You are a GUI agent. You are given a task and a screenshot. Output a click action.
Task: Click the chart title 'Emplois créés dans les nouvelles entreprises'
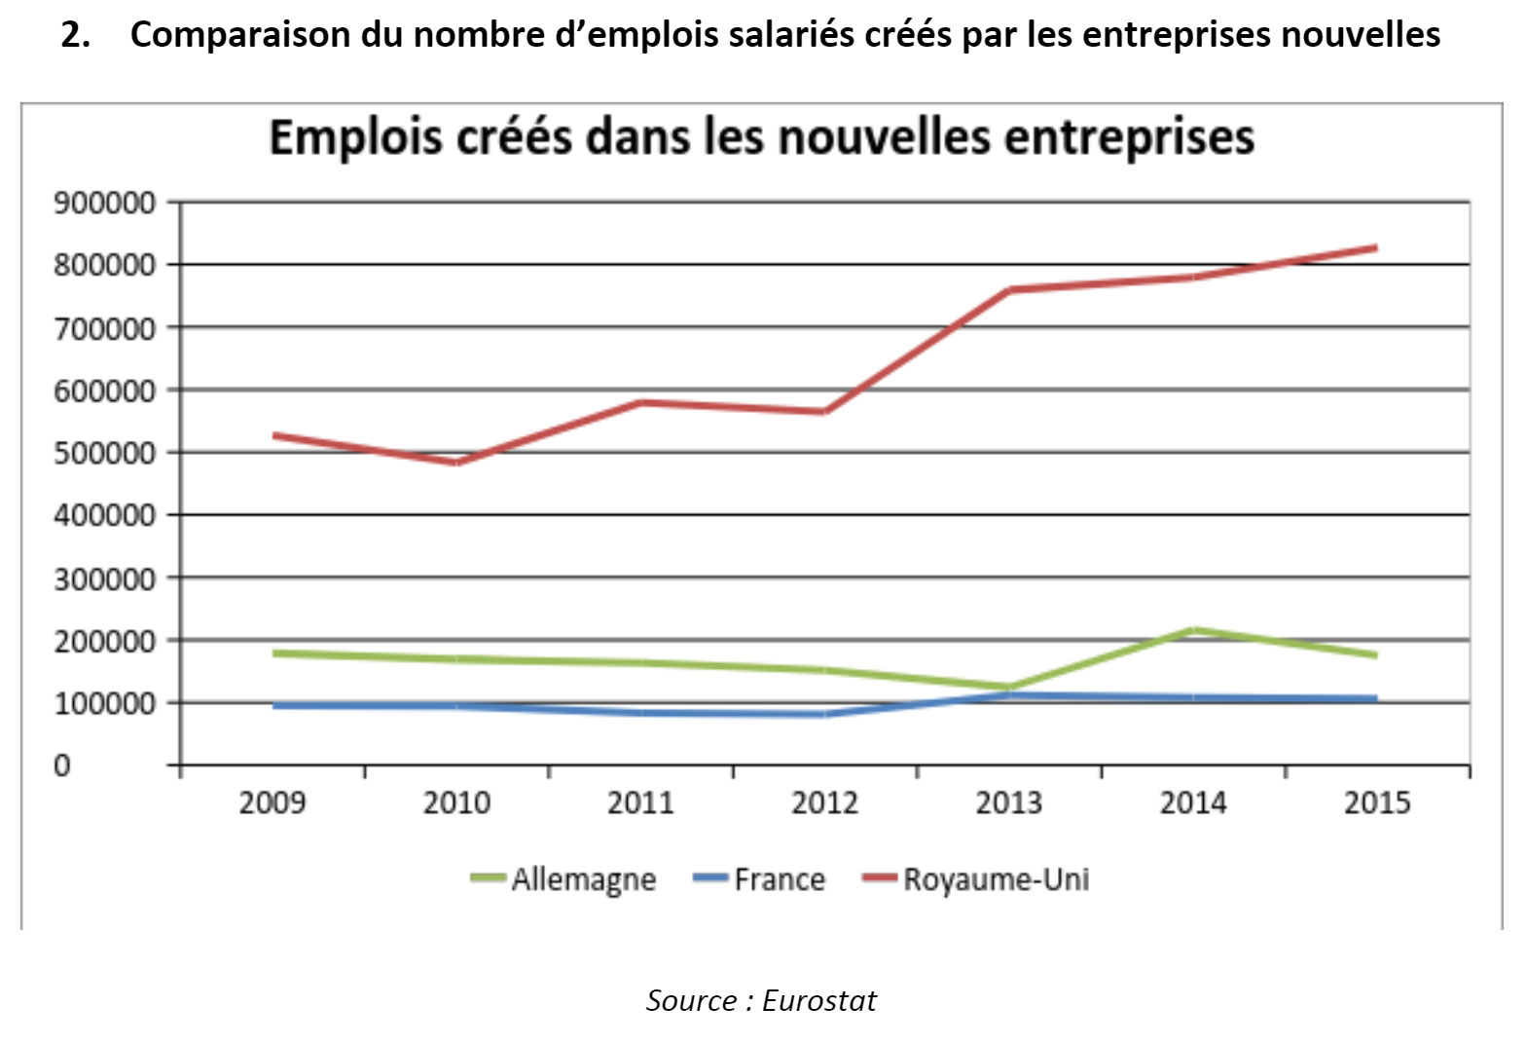tap(761, 137)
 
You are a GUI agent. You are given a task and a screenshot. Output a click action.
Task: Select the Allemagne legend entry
tap(583, 879)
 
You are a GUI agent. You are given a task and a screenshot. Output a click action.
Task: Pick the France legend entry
tap(779, 879)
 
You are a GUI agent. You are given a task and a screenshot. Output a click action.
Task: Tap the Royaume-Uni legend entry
tap(996, 879)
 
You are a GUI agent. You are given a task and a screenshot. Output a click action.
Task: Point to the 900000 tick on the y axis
tap(104, 204)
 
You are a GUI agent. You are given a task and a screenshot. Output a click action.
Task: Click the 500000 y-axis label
tap(104, 453)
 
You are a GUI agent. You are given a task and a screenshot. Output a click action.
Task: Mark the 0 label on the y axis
tap(62, 765)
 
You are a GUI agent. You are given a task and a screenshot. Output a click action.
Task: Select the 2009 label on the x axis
tap(272, 803)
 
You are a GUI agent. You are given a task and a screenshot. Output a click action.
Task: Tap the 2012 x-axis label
tap(824, 803)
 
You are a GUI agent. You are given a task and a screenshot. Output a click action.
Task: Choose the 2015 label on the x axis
tap(1376, 803)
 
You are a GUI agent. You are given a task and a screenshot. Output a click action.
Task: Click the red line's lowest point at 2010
tap(456, 463)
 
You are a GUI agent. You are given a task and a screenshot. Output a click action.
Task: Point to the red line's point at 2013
tap(1009, 290)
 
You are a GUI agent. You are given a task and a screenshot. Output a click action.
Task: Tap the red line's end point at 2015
tap(1375, 247)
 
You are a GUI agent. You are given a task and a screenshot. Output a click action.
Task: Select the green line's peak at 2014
tap(1193, 630)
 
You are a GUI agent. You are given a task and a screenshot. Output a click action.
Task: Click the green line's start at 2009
tap(275, 652)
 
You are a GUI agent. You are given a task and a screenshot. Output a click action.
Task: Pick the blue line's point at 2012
tap(824, 714)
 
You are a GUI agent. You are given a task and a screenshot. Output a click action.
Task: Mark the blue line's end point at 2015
tap(1375, 698)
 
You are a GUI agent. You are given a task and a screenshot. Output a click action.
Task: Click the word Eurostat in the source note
tap(819, 1001)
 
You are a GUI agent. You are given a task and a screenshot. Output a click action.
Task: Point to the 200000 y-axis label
tap(104, 641)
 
